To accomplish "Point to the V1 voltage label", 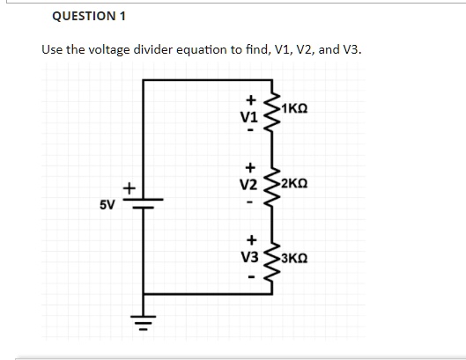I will [249, 116].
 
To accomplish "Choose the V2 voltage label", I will [249, 185].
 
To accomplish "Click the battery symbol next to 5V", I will [142, 201].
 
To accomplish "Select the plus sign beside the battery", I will [127, 187].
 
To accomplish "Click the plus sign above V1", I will [249, 99].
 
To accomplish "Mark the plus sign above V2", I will [249, 166].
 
